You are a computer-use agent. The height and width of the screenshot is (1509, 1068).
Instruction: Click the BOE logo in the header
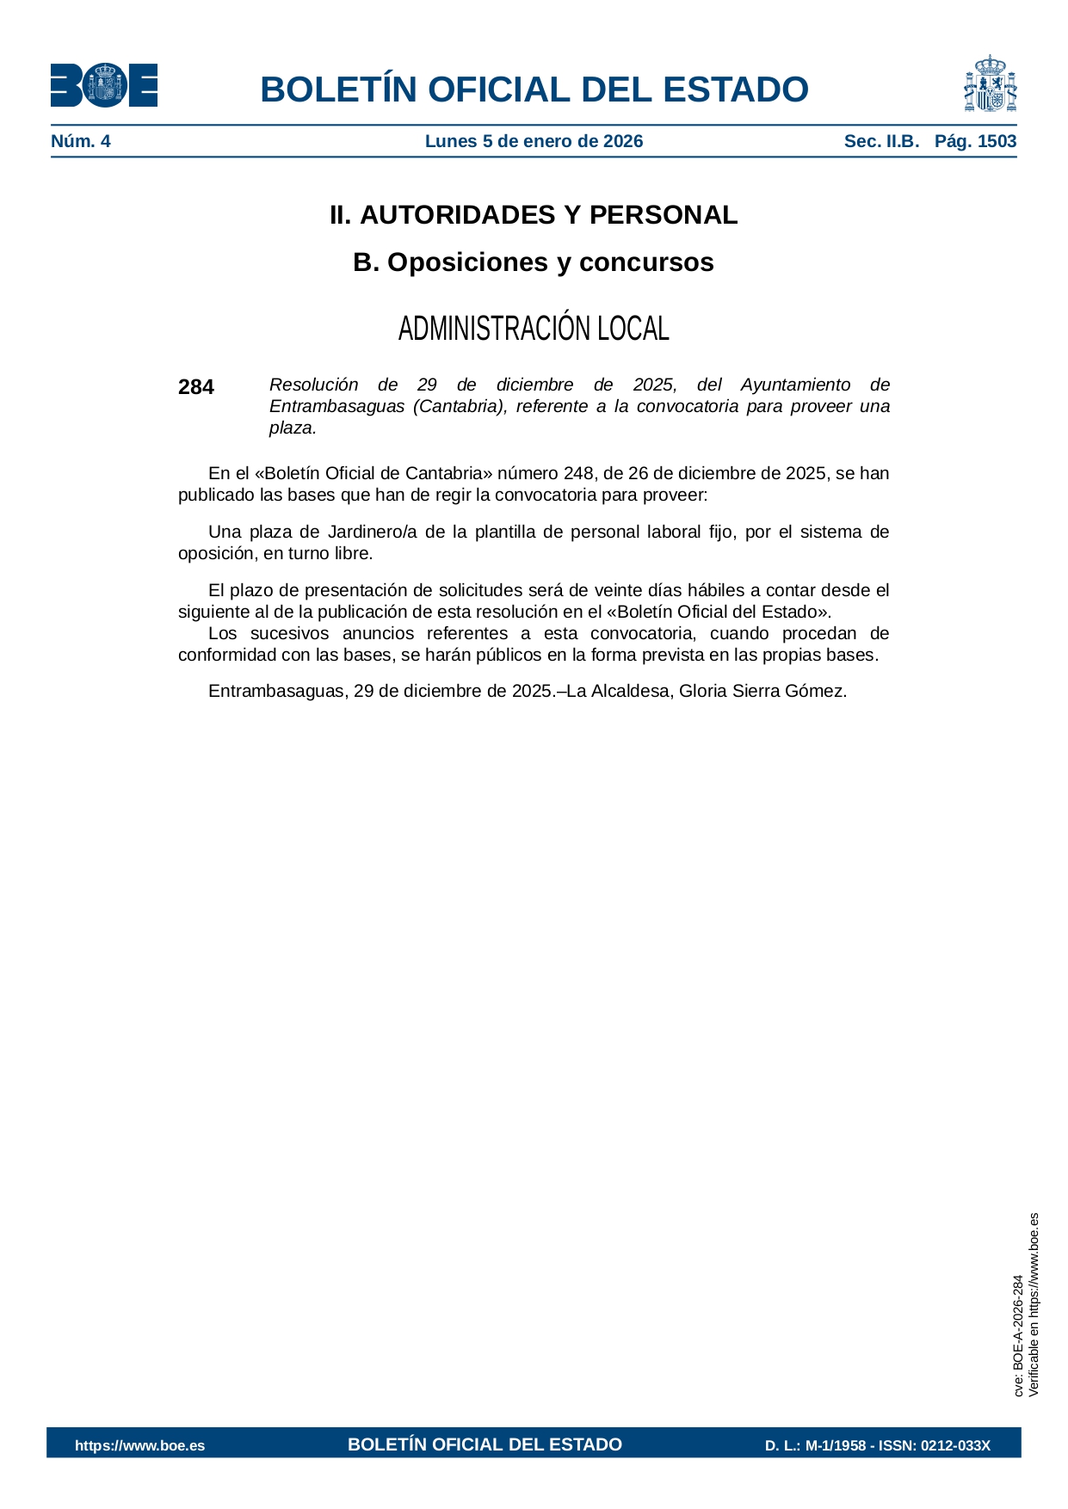[x=103, y=85]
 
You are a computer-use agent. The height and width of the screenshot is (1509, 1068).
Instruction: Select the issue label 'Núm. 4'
[x=81, y=142]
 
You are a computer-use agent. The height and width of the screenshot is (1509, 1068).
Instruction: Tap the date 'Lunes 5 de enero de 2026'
[x=534, y=142]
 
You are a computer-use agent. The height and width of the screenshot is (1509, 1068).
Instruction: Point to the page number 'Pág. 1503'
[x=975, y=142]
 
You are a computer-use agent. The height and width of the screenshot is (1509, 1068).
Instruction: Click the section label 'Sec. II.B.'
[x=881, y=142]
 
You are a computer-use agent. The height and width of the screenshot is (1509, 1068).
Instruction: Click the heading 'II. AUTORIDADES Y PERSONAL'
[x=534, y=215]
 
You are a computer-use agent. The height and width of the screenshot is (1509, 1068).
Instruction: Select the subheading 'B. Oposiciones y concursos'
[x=534, y=262]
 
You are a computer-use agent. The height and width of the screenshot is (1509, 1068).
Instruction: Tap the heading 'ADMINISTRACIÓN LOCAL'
[x=534, y=329]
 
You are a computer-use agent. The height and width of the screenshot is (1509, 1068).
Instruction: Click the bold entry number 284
[x=196, y=387]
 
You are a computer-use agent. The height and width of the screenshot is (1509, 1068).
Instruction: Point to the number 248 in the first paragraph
[x=578, y=474]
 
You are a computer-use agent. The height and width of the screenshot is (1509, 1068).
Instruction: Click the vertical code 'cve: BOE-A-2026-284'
[x=1018, y=1335]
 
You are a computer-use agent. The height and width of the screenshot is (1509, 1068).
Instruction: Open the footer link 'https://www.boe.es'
[x=140, y=1445]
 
